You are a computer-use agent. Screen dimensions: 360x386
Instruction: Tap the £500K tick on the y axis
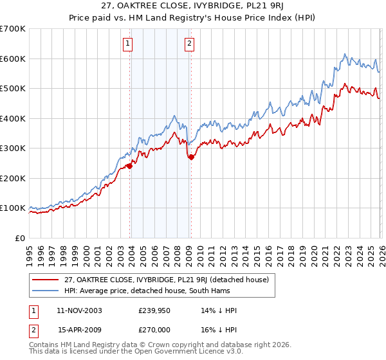tap(13, 89)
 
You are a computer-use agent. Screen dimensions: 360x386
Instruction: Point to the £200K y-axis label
tap(13, 179)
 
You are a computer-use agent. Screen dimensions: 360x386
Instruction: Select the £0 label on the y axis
tap(19, 239)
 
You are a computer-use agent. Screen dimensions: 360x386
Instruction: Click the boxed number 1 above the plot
tap(129, 44)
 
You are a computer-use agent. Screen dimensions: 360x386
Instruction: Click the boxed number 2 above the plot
tap(190, 44)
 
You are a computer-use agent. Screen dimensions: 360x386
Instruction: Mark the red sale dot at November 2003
tap(130, 166)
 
